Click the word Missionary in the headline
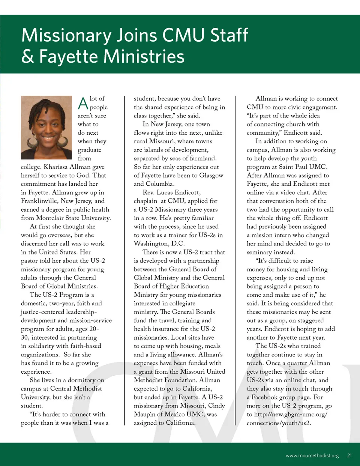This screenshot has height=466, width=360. click(66, 36)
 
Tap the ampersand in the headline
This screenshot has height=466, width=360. click(27, 57)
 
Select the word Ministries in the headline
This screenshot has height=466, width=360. click(144, 57)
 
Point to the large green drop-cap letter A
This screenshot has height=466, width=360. click(83, 103)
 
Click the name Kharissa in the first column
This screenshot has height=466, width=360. click(55, 167)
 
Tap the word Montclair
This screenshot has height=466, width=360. click(51, 218)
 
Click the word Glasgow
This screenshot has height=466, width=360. click(211, 176)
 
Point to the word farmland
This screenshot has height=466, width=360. click(202, 158)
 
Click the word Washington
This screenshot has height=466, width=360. click(151, 244)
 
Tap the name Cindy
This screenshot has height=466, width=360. click(216, 406)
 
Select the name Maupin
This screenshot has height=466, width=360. click(145, 414)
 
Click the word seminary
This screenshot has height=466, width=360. click(259, 252)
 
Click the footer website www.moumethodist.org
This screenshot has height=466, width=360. click(312, 455)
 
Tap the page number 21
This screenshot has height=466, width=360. click(349, 455)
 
